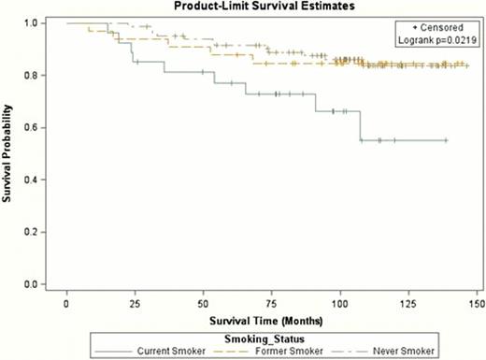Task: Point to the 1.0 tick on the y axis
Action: pos(32,22)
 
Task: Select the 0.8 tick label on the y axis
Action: pos(32,75)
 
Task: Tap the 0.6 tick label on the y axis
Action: pos(32,127)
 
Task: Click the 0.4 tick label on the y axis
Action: pos(32,180)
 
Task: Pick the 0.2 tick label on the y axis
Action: pos(32,232)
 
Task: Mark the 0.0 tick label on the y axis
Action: pos(32,284)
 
